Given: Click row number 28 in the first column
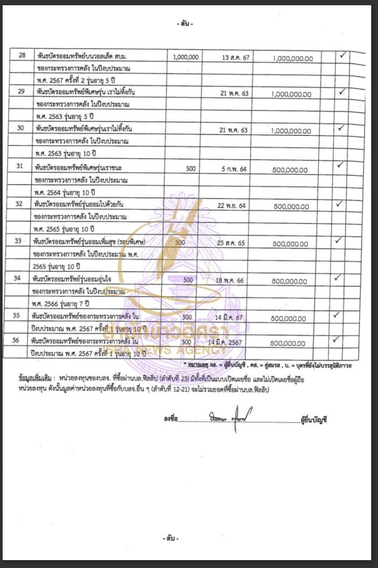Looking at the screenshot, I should (22, 55).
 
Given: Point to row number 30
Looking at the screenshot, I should (22, 128).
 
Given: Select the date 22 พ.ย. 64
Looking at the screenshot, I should (232, 206).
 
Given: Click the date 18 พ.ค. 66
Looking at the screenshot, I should (230, 280).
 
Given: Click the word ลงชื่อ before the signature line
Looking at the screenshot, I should (171, 419).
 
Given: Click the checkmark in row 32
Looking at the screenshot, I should (339, 204).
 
